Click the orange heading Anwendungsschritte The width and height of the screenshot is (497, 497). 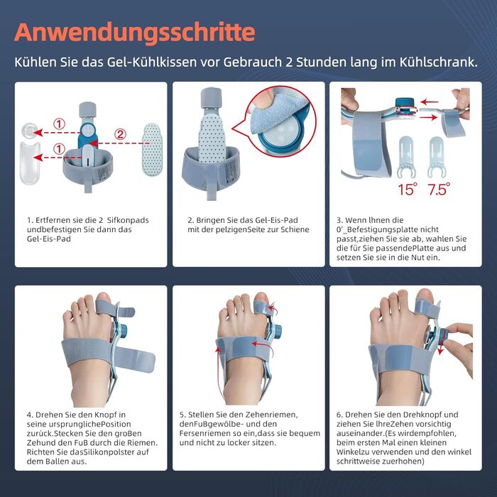(x=135, y=33)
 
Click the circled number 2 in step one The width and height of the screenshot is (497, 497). (x=120, y=134)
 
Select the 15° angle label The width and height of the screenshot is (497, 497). (x=408, y=190)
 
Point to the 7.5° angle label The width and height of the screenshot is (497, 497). (x=439, y=190)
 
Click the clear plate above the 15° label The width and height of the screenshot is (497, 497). (x=406, y=156)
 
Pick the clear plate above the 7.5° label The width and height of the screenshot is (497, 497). (x=437, y=156)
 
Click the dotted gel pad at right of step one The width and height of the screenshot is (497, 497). (x=153, y=149)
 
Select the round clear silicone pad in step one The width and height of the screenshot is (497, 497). (x=29, y=130)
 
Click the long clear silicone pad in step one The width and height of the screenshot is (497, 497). (x=30, y=163)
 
